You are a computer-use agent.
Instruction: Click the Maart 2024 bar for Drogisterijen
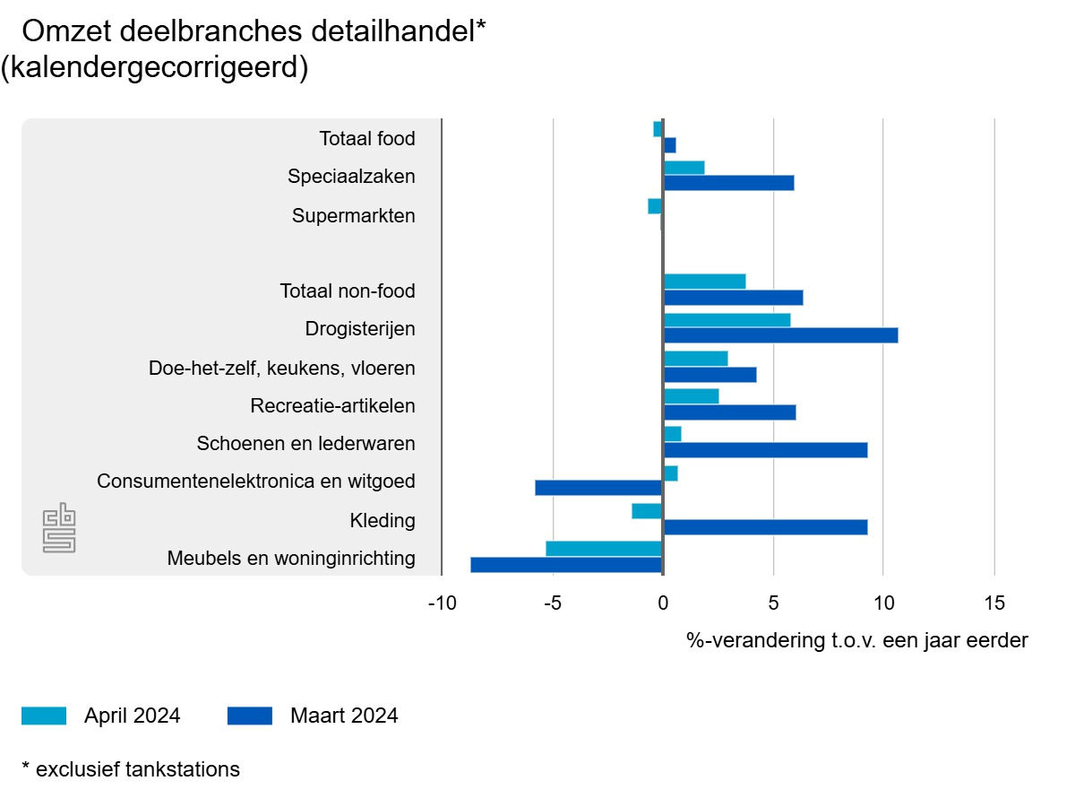780,335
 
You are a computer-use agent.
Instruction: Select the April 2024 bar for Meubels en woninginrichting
604,549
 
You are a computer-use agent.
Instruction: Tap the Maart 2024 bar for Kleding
765,527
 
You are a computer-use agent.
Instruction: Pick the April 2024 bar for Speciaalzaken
684,168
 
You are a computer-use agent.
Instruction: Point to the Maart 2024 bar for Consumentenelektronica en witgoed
598,488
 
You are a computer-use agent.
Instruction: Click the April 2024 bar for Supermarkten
655,206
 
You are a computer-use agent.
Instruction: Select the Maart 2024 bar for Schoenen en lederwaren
765,450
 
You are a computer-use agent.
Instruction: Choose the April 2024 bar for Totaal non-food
705,282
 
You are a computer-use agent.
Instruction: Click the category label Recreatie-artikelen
333,406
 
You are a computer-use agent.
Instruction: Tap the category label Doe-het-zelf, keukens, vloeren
282,369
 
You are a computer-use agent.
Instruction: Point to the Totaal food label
367,139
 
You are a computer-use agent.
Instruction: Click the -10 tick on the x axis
443,603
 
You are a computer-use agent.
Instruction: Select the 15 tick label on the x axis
994,603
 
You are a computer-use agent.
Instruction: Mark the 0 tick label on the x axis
663,603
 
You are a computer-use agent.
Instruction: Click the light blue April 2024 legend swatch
44,716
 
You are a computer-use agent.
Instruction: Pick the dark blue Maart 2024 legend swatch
250,716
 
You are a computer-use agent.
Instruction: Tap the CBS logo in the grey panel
60,529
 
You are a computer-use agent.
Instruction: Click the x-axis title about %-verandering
857,641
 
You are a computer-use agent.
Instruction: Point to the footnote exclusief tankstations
131,769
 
